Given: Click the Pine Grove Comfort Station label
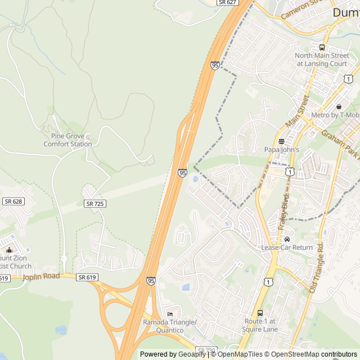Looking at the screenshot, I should click(67, 139).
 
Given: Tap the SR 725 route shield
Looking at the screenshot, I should click(94, 203).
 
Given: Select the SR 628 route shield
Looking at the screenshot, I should click(13, 201).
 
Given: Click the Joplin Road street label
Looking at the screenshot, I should click(41, 276).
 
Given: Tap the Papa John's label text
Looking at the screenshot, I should click(282, 150).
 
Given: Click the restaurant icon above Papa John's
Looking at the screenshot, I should click(282, 141).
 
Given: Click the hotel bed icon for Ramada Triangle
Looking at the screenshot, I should click(170, 314).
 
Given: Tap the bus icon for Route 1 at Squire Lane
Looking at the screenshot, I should click(260, 313).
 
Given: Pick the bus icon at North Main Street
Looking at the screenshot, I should click(322, 47).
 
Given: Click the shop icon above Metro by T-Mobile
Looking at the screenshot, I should click(339, 107).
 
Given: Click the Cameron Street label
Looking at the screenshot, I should click(304, 10).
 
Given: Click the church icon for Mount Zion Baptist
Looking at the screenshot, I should click(9, 250).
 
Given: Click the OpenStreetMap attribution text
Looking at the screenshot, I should click(294, 354).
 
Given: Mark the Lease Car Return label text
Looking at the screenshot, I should click(287, 247).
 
